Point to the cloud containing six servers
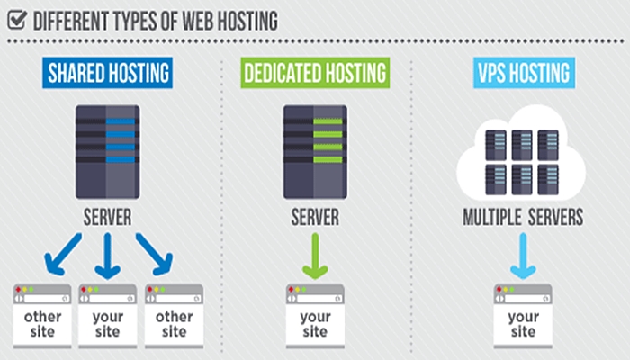[x=523, y=157]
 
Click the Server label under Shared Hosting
[x=107, y=219]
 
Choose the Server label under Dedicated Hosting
[x=315, y=219]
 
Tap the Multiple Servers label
[x=523, y=219]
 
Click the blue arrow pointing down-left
[x=64, y=255]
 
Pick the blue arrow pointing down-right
[x=152, y=255]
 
